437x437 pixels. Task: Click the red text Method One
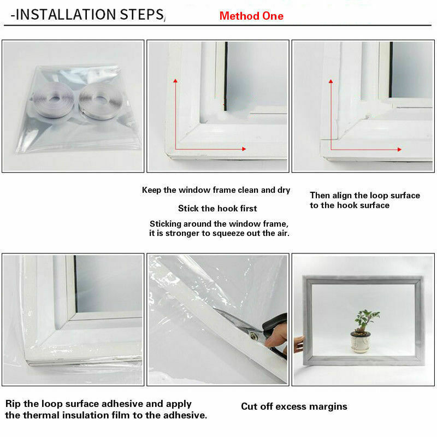[x=251, y=16]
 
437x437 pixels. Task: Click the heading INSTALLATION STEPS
[x=87, y=15]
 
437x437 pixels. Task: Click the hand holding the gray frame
[x=298, y=344]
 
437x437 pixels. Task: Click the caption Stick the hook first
[x=217, y=208]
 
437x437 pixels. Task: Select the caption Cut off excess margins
[x=294, y=406]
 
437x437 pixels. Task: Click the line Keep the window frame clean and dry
[x=216, y=190]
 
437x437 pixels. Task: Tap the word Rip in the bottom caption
[x=15, y=404]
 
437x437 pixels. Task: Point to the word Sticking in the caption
[x=166, y=224]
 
